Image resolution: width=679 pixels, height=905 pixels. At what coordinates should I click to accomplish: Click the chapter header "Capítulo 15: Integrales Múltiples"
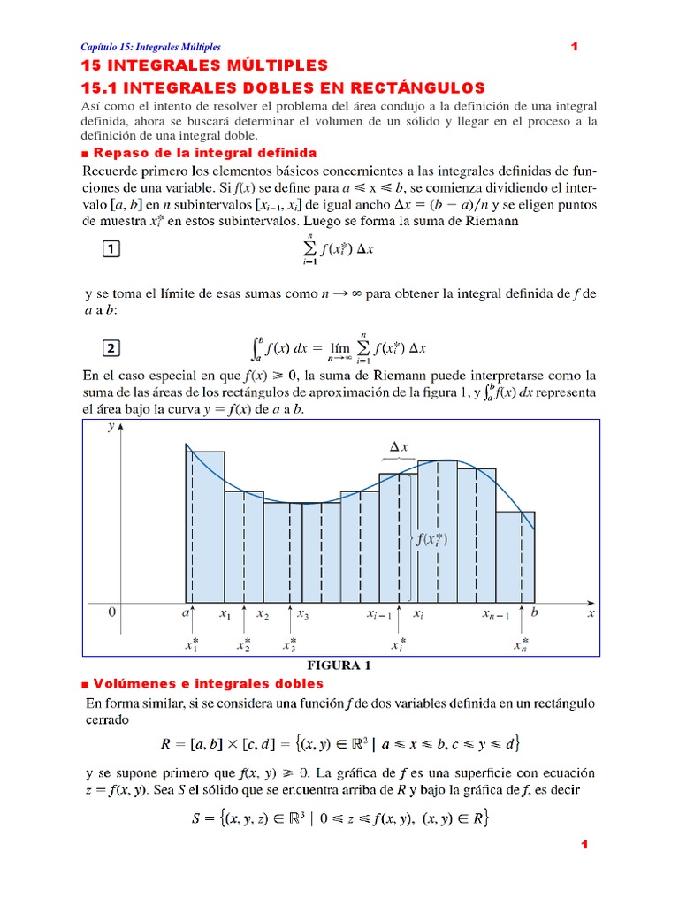point(150,47)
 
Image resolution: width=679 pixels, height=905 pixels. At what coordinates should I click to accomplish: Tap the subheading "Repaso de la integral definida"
point(198,153)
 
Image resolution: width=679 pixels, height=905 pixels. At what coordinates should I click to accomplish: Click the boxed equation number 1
point(111,250)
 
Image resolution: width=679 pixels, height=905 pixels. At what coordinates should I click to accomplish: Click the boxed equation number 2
point(111,346)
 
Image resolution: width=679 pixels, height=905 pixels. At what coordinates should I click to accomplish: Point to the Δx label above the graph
point(399,447)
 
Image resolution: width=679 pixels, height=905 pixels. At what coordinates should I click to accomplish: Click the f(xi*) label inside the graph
point(432,539)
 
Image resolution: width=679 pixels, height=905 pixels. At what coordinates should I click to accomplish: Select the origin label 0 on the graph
point(111,612)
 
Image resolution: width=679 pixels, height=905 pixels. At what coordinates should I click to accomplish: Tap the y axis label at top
point(111,427)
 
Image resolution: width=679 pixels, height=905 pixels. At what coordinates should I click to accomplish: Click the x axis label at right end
point(591,612)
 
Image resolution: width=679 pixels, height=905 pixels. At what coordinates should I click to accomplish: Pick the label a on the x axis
point(187,612)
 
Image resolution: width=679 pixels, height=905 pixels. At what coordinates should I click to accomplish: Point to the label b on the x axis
point(534,612)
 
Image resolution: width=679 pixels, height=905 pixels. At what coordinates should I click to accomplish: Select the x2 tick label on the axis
point(263,613)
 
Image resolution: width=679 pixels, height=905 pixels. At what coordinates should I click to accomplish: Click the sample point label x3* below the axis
point(290,645)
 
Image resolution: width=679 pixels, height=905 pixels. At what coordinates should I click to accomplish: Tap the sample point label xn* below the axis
point(522,645)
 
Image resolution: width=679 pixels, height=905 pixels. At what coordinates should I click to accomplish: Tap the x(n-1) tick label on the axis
point(495,613)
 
